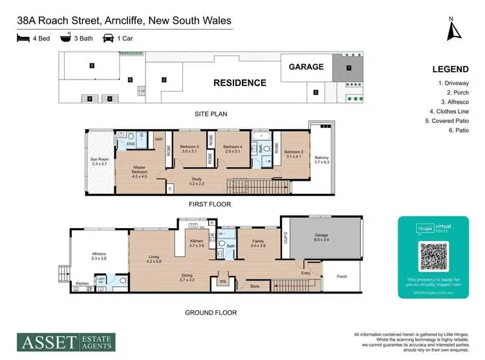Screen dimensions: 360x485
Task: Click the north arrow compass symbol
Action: (x=455, y=29)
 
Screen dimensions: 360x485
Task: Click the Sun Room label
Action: (x=100, y=161)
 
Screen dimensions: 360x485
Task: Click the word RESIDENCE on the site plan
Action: (x=240, y=83)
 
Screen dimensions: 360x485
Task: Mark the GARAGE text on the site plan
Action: (x=306, y=66)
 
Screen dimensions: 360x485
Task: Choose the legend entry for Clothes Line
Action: (x=454, y=102)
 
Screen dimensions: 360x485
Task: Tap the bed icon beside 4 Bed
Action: (x=22, y=38)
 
